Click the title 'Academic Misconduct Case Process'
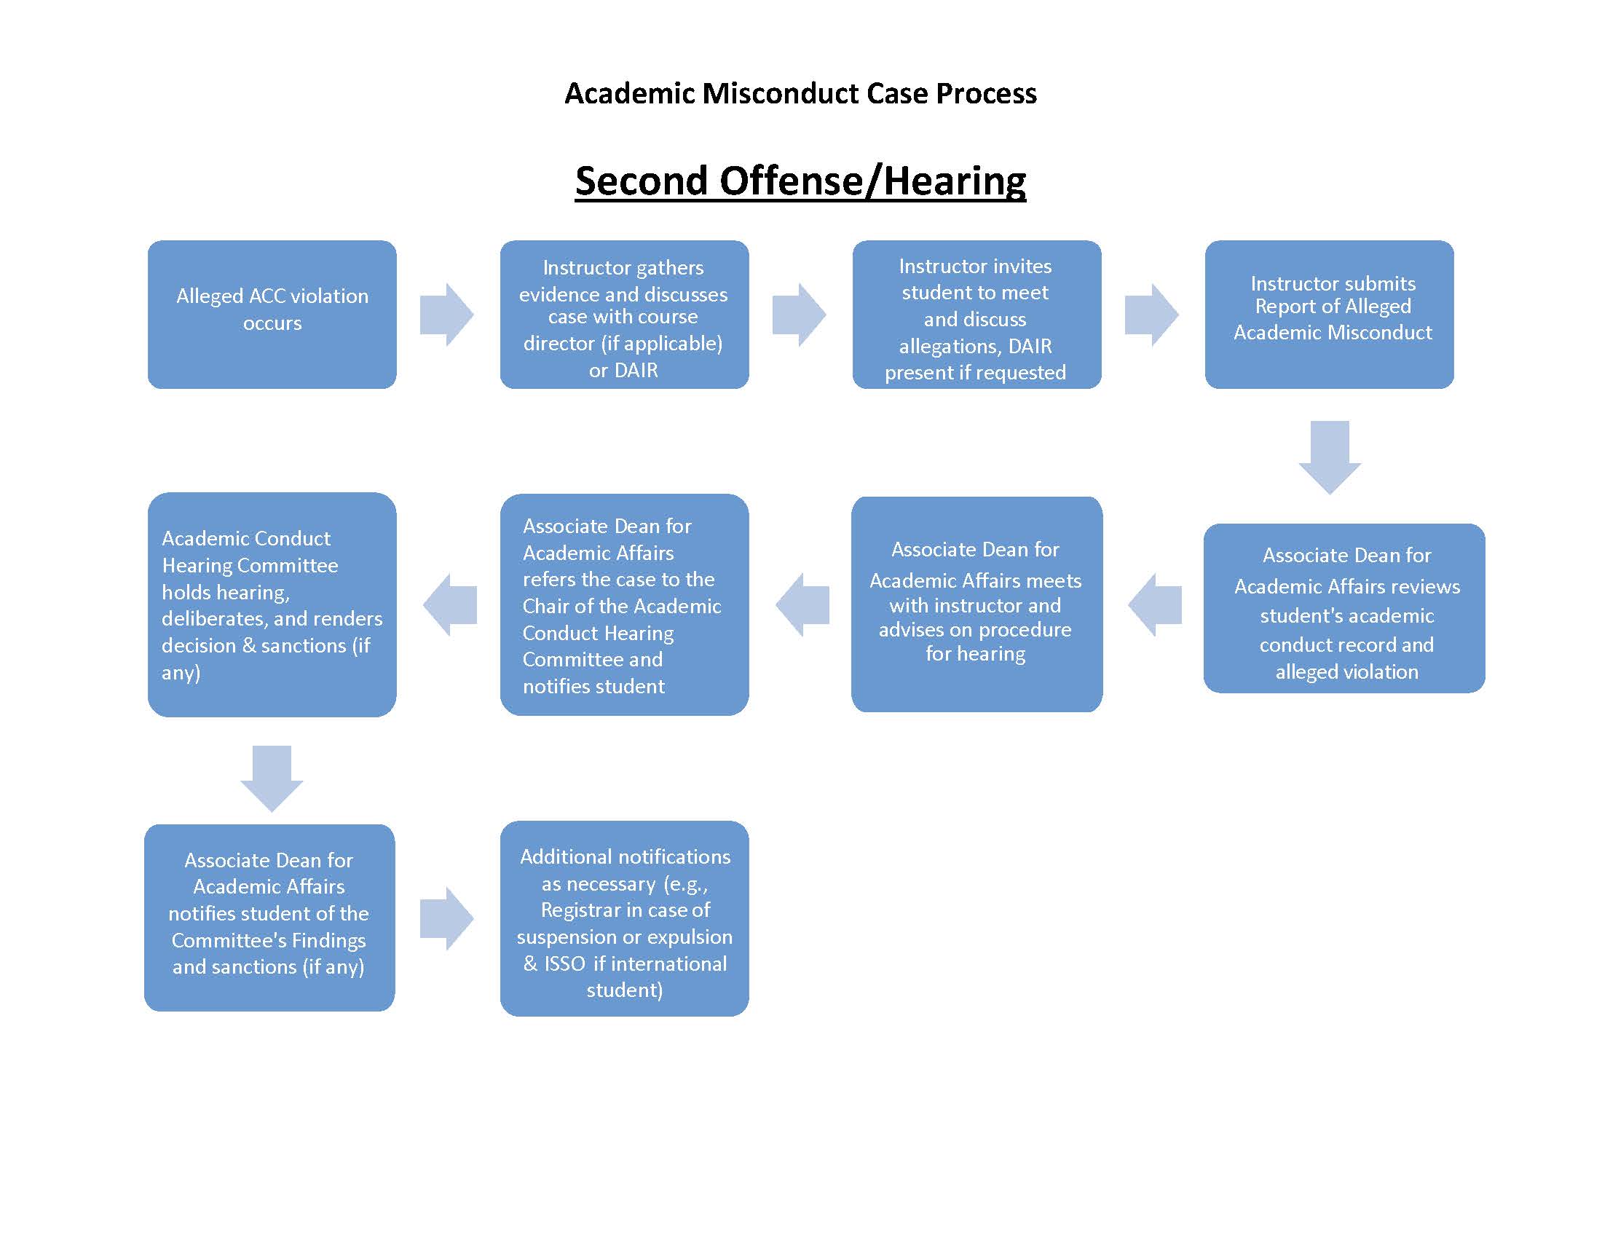800,94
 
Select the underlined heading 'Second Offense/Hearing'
800,181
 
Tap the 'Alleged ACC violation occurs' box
272,315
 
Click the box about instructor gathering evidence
624,315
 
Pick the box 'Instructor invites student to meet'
976,315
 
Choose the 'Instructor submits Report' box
1329,315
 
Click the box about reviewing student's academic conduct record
1343,608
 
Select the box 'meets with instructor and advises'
976,604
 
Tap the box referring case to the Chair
624,604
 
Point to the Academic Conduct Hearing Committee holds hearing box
272,604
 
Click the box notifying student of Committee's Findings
269,918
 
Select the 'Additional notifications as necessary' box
624,918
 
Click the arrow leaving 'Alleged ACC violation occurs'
446,315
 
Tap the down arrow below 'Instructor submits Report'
1330,457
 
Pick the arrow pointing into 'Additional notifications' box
446,919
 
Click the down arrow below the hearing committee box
272,779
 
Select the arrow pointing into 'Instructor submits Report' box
1152,315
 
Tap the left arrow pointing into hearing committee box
450,605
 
